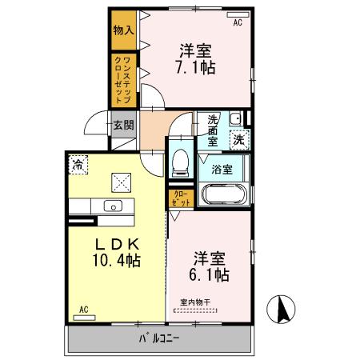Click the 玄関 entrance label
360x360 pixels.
[122, 125]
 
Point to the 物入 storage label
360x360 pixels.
[123, 30]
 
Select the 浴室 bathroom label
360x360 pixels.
[222, 169]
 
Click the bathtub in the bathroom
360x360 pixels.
[222, 194]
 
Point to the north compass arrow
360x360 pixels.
[284, 308]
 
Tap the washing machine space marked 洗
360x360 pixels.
[238, 139]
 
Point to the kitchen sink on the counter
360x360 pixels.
[113, 207]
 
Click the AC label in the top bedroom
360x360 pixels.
[238, 22]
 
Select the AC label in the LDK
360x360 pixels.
[82, 309]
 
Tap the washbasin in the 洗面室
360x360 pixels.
[234, 120]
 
